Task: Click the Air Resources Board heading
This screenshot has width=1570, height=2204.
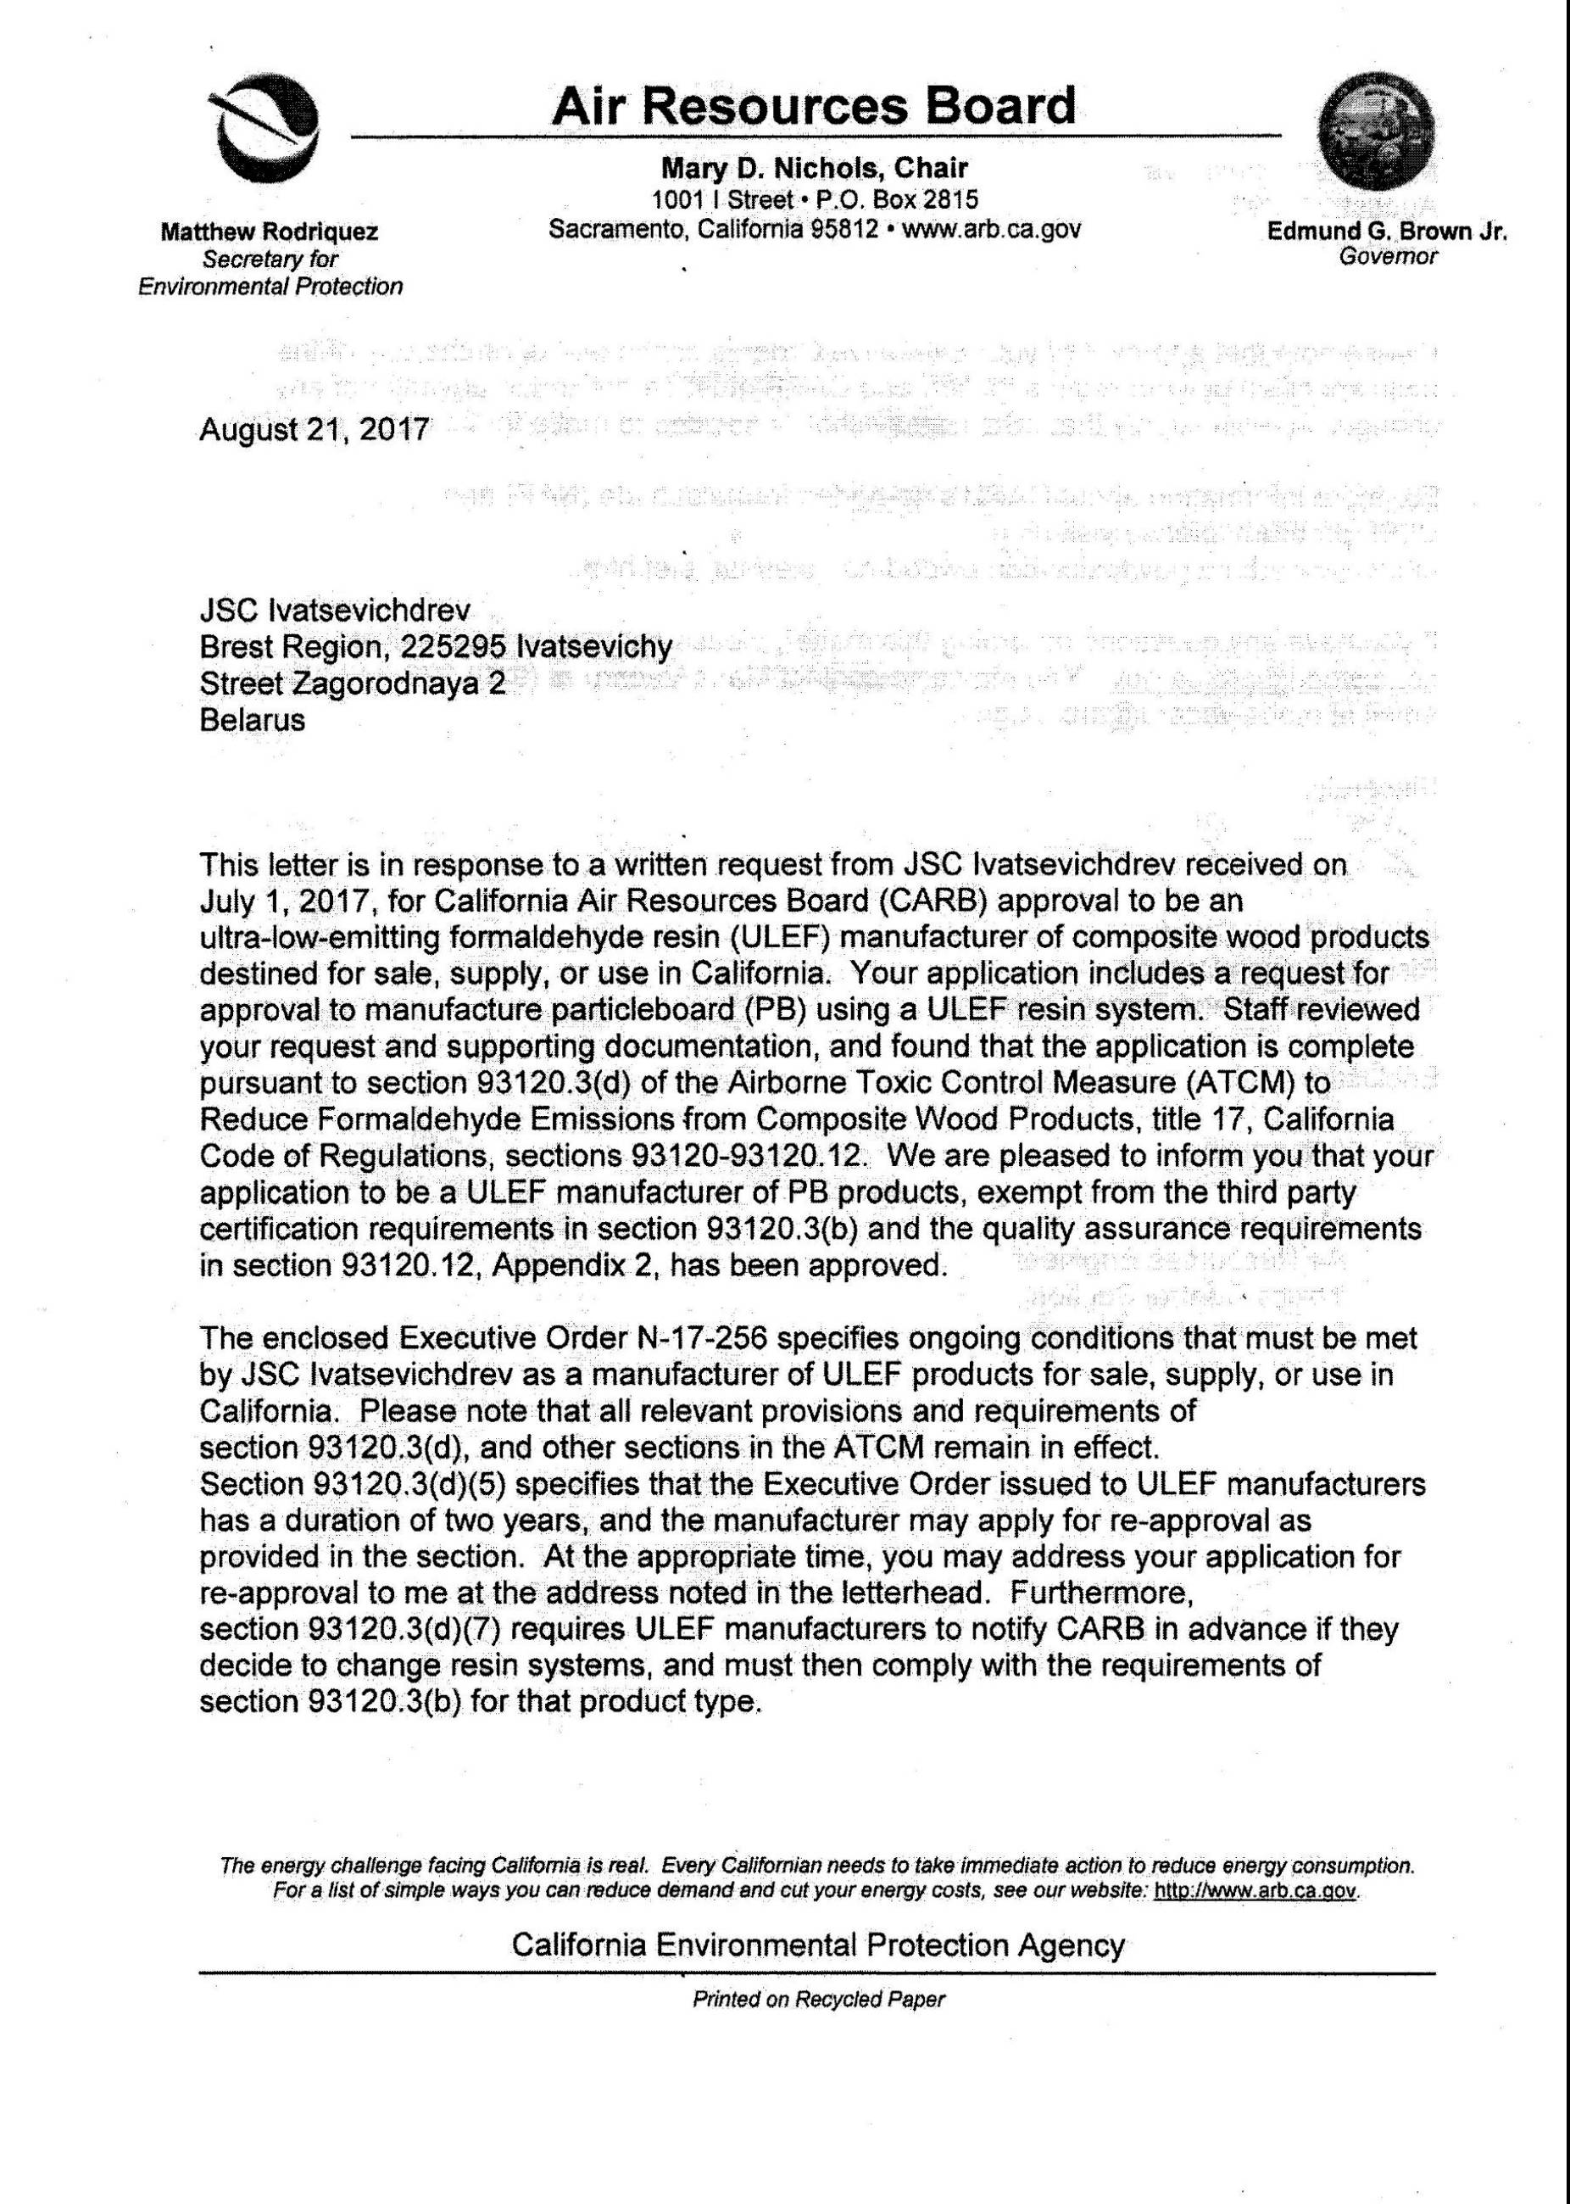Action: pos(813,106)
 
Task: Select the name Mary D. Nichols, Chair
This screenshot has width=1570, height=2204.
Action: pos(814,168)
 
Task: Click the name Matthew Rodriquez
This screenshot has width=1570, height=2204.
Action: pos(270,232)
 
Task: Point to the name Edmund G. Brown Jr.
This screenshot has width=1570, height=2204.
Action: pos(1387,232)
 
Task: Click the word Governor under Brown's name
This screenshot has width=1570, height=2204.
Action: pos(1389,256)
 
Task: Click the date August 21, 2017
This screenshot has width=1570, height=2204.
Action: pos(315,429)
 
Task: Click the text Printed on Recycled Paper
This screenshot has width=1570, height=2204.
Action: pos(818,2000)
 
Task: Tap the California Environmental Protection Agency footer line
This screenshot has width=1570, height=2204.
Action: pos(818,1945)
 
